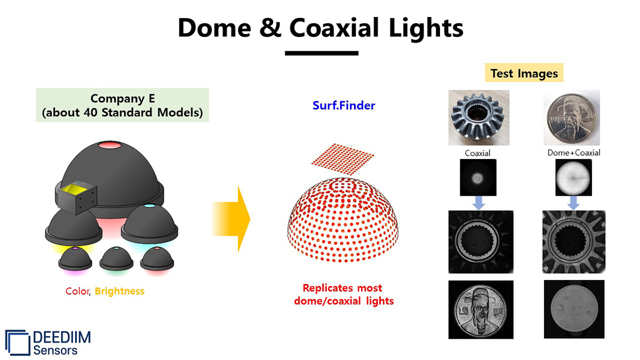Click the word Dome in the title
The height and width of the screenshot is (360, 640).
click(x=214, y=28)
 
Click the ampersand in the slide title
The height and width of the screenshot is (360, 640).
click(x=270, y=28)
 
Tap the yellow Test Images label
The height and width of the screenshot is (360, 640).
click(x=524, y=73)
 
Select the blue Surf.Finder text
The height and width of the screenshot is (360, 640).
click(x=343, y=106)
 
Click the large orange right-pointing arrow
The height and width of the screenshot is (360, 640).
click(x=231, y=219)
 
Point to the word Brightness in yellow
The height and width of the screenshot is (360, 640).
click(x=119, y=291)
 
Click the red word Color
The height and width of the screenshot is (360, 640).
click(x=77, y=291)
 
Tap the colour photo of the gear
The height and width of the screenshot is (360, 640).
click(x=479, y=118)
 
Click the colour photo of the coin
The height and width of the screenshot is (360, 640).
click(x=572, y=118)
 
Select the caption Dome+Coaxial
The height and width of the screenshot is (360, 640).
click(x=574, y=153)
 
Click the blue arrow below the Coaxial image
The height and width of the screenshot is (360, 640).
click(x=478, y=203)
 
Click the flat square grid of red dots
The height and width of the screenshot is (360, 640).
click(x=342, y=158)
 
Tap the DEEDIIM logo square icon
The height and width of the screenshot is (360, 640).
click(x=18, y=342)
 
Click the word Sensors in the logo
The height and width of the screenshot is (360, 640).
click(x=55, y=350)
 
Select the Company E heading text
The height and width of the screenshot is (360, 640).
click(x=123, y=99)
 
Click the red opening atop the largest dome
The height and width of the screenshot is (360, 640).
click(x=110, y=145)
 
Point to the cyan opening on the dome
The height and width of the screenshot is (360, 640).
click(x=149, y=206)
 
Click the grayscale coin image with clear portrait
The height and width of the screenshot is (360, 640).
click(x=481, y=310)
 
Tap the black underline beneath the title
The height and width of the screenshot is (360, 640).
click(x=322, y=53)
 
